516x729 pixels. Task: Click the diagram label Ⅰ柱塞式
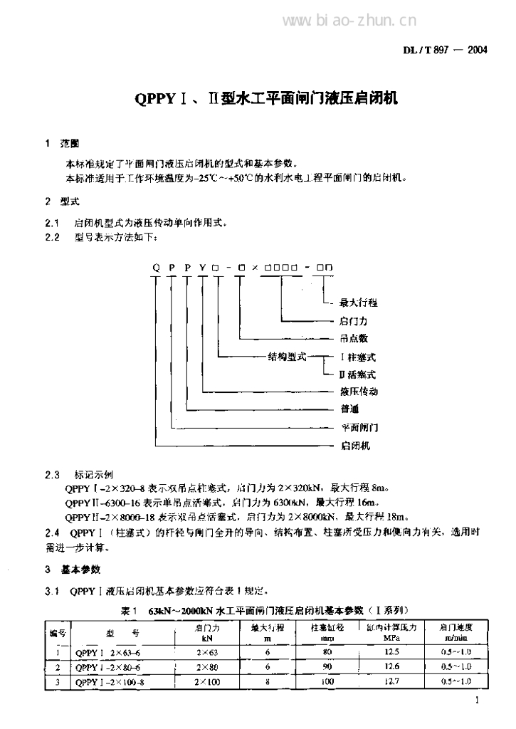tap(357, 356)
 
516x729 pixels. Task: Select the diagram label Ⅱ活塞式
tap(357, 374)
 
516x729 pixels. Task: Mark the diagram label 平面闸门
tap(359, 428)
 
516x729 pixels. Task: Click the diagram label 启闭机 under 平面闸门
tap(354, 446)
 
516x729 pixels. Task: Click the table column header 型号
tap(119, 631)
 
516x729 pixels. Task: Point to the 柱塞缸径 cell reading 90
tap(327, 666)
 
